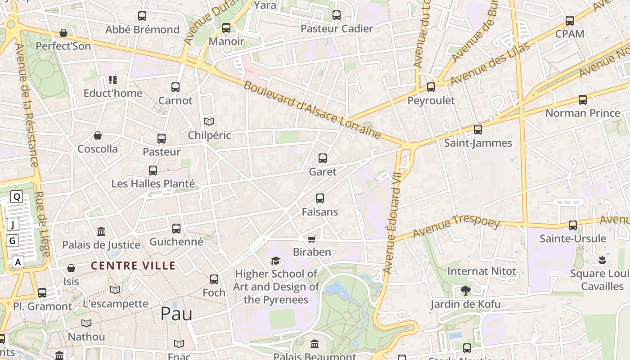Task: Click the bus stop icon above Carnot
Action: [175, 87]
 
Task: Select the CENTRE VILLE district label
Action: [133, 265]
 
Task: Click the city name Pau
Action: [176, 314]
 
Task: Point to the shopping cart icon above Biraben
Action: [312, 239]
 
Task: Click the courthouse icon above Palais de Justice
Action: [101, 232]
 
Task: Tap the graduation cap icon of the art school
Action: [275, 261]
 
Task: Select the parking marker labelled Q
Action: [17, 197]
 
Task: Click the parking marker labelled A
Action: [18, 262]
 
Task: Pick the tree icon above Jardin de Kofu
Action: [465, 291]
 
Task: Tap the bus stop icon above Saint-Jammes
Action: [478, 130]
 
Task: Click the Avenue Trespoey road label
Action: [456, 227]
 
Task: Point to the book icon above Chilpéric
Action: [209, 121]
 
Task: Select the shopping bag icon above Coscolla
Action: [98, 135]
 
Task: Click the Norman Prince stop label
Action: [583, 113]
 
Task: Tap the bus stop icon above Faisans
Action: [320, 198]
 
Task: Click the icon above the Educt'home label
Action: [113, 80]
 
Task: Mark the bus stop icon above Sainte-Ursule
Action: [573, 225]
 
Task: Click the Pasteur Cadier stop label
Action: [337, 29]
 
